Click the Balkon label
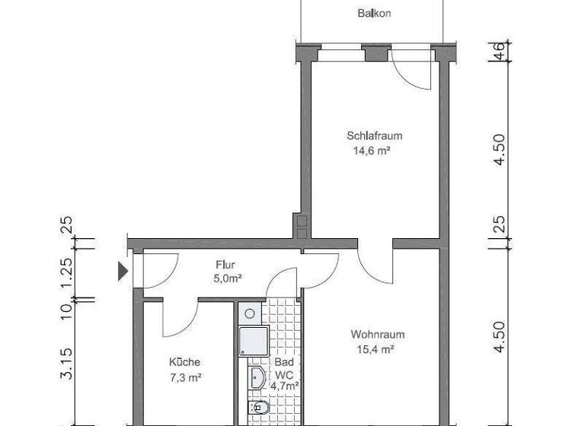tap(374, 13)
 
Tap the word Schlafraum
tap(374, 136)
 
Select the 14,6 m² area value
tap(371, 151)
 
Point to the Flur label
tap(225, 265)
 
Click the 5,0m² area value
tap(228, 278)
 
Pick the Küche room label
tap(185, 362)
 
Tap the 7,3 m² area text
tap(184, 377)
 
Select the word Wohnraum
tap(377, 335)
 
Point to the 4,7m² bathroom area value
tap(284, 386)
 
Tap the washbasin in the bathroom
tap(257, 377)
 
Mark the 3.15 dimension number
tap(67, 363)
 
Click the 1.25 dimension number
tap(67, 271)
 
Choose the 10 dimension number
tap(67, 309)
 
